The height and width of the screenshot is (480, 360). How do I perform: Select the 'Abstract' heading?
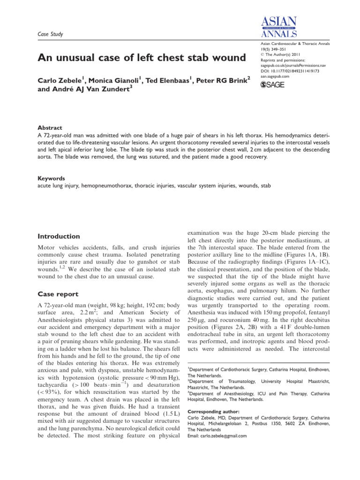(x=49, y=127)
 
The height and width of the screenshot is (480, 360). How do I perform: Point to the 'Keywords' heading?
(x=51, y=179)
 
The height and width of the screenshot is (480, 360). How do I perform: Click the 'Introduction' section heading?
(x=59, y=236)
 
